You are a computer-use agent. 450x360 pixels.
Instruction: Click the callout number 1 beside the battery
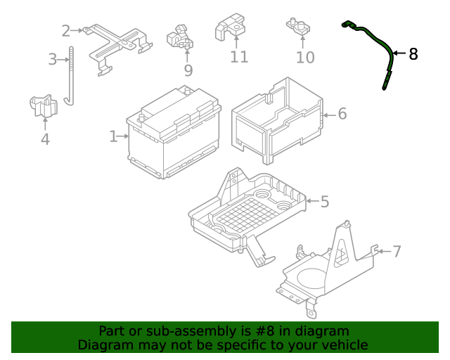pos(113,136)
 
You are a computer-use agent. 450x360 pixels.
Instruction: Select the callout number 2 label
pos(66,31)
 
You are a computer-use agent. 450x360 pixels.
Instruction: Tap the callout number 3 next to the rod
pos(53,60)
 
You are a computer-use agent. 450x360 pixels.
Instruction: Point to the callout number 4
pos(45,139)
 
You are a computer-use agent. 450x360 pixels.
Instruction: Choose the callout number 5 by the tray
pos(324,202)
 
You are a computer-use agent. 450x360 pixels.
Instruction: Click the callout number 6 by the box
pos(342,113)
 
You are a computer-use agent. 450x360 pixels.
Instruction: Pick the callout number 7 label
pos(397,251)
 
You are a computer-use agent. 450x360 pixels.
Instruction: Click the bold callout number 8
pos(413,53)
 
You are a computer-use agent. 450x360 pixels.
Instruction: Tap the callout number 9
pos(188,70)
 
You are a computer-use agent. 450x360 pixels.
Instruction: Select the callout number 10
pos(305,58)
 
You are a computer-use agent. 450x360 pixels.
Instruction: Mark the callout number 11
pos(239,57)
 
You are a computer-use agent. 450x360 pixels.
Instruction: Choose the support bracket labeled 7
pos(327,267)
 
